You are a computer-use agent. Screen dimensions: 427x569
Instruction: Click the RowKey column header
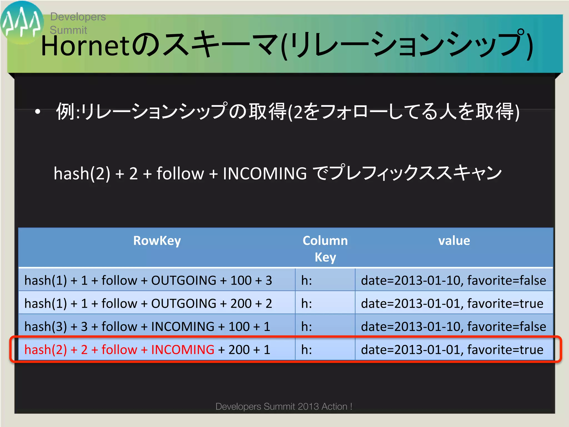157,241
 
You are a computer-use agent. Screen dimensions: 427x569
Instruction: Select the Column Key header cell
325,249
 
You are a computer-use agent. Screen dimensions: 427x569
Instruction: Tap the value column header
454,241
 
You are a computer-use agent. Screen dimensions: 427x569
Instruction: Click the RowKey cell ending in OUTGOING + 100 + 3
148,280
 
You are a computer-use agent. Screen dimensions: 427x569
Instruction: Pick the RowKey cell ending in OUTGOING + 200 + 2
148,303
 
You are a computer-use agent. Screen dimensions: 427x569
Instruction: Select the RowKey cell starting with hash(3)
147,326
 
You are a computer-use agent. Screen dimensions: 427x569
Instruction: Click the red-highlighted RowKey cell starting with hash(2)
147,349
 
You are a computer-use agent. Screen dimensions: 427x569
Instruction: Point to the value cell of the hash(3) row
453,326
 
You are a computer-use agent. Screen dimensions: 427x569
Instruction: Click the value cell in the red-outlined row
452,349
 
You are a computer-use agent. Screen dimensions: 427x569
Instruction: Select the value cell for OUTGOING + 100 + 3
453,280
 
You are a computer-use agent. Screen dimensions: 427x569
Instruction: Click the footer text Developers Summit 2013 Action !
284,406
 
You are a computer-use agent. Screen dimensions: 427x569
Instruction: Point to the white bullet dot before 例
38,112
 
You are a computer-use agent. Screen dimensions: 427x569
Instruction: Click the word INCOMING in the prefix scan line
264,173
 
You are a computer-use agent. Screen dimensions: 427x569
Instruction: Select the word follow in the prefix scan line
180,173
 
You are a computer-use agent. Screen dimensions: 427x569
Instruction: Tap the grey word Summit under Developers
68,30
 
